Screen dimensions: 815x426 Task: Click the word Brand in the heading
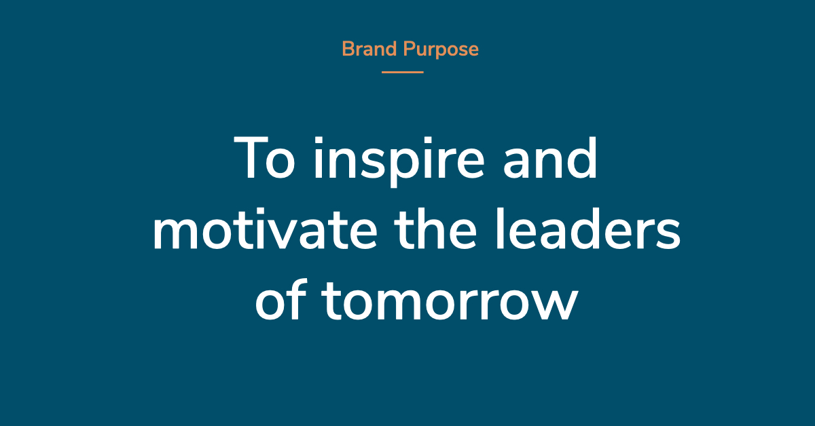(x=369, y=49)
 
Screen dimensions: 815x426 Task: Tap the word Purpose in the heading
(x=441, y=50)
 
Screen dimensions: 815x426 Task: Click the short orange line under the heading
(x=402, y=73)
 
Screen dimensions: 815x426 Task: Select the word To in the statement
(x=264, y=157)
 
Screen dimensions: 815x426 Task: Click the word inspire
(x=399, y=162)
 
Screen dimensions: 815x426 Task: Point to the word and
(x=550, y=157)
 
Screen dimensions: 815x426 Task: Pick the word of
(x=281, y=299)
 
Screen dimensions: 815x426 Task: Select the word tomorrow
(x=450, y=302)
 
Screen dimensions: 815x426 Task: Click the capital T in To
(x=251, y=157)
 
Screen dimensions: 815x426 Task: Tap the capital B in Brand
(x=349, y=49)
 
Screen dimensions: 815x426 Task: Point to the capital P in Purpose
(x=409, y=49)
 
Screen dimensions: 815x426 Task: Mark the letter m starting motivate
(x=176, y=233)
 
